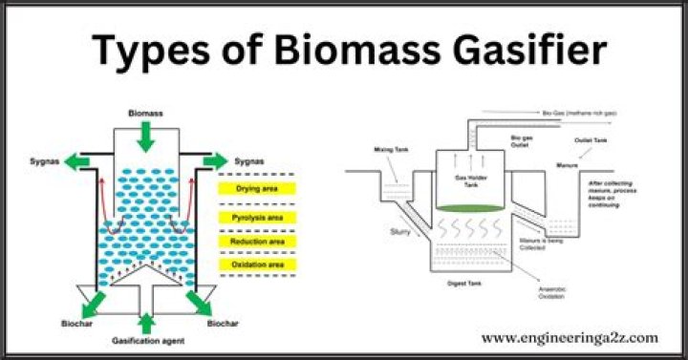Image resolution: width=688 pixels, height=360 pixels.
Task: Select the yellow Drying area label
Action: (256, 189)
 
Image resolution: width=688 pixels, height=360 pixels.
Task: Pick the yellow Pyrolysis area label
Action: (256, 219)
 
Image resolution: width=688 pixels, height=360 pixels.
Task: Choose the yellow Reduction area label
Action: (256, 242)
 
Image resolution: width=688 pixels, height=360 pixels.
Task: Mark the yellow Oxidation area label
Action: (256, 264)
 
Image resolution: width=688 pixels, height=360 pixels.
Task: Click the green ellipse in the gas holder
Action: (466, 207)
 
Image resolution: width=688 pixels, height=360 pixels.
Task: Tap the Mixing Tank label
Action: (390, 151)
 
